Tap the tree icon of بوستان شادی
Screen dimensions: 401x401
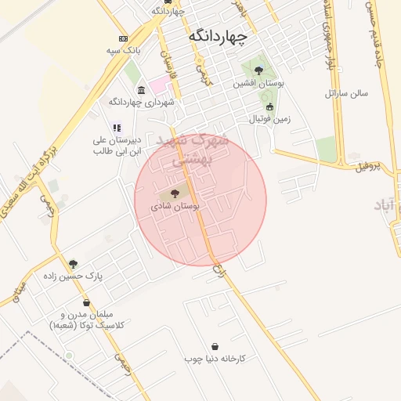tap(175, 192)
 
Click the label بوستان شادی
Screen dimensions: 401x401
tap(175, 206)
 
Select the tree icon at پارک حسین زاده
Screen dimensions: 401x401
tap(73, 264)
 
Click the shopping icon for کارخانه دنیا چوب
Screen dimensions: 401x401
tap(215, 346)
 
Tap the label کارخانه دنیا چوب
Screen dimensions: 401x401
tap(215, 359)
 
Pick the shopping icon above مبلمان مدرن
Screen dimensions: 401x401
tap(86, 302)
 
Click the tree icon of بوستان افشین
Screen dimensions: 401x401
tap(258, 70)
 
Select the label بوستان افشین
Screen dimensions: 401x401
tap(258, 83)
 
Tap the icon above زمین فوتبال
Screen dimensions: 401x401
tap(270, 107)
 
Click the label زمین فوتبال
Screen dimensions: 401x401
tap(269, 120)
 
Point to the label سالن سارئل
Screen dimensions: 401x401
tap(346, 93)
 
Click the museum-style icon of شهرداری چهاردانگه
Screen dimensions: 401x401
tap(141, 90)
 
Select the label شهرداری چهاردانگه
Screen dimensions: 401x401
tap(142, 103)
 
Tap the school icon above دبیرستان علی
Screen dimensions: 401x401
tap(117, 127)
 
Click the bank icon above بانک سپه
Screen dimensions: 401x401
tap(123, 38)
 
